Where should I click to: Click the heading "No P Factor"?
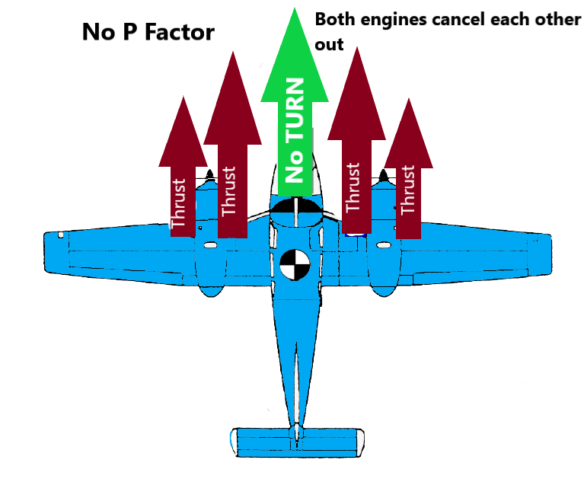tap(148, 33)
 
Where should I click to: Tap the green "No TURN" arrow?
tap(295, 114)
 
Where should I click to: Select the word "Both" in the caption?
tap(333, 19)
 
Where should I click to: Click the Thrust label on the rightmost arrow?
tap(408, 190)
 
